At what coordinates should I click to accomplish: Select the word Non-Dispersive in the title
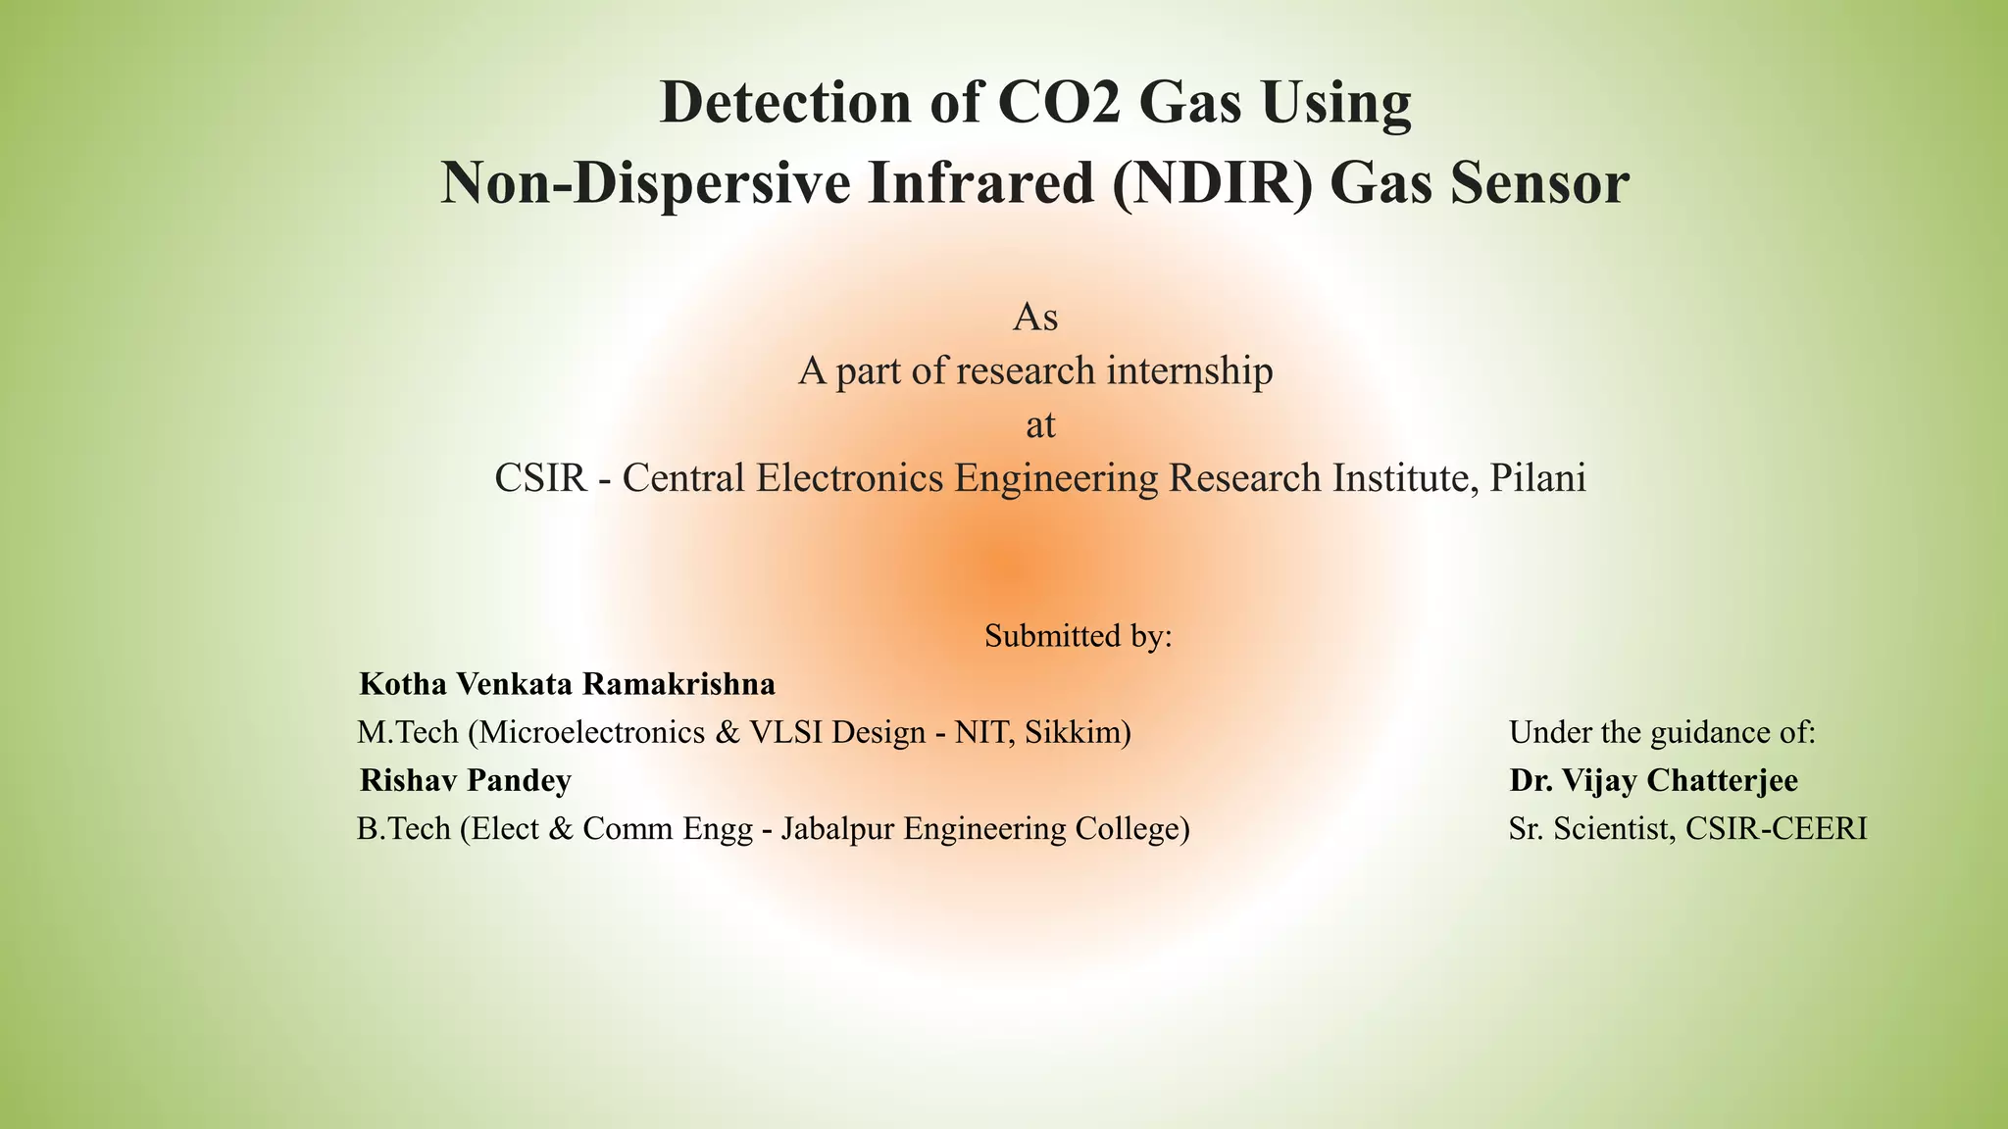click(646, 183)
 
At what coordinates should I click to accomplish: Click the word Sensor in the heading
click(1539, 183)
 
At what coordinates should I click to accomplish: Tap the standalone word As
click(1034, 318)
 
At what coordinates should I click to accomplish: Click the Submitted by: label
click(1079, 636)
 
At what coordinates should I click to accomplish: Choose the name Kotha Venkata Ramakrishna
click(567, 684)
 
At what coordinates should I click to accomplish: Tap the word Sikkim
click(1075, 732)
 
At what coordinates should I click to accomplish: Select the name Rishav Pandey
click(466, 781)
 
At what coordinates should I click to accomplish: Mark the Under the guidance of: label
click(1662, 732)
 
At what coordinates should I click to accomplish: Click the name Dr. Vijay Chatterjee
click(1653, 781)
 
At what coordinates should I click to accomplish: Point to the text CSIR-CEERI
click(1776, 829)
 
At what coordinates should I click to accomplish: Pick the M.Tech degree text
click(408, 732)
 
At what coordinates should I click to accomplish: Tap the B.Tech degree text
click(405, 829)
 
